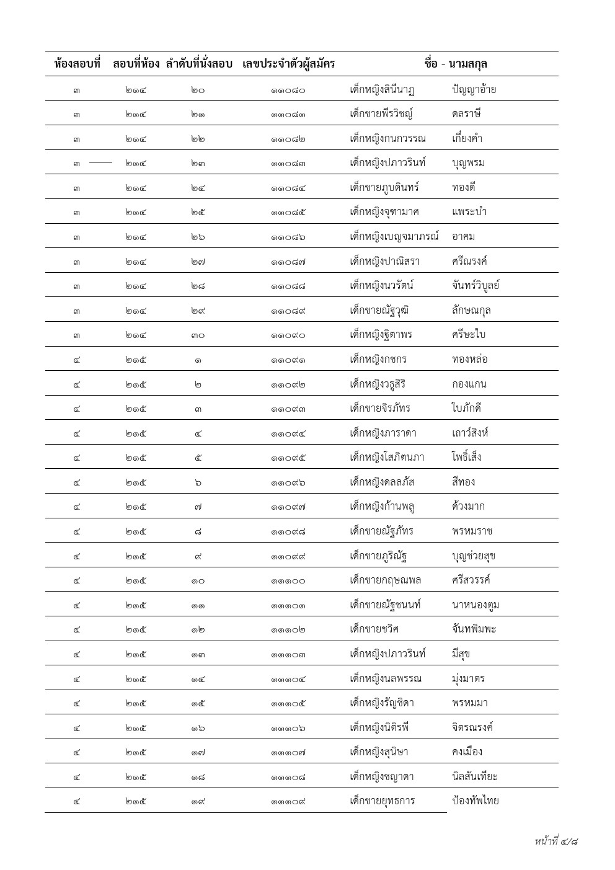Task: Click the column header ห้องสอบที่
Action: point(77,63)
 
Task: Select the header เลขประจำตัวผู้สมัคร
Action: point(289,63)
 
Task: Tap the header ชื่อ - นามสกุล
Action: point(456,63)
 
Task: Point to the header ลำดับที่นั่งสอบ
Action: point(199,63)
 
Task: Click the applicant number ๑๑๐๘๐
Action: point(288,90)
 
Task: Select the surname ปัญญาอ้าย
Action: point(474,89)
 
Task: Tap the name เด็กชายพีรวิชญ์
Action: point(381,114)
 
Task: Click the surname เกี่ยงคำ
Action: point(467,138)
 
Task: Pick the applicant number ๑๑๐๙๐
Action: point(288,335)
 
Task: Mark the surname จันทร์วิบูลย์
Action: point(476,286)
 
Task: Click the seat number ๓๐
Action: point(198,335)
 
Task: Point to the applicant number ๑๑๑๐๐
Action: point(288,581)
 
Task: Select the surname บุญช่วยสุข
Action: point(474,556)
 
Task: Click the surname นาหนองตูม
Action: point(476,605)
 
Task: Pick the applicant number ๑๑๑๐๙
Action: point(288,802)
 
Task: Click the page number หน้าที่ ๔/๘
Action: point(556,841)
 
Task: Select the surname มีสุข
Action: point(461,654)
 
